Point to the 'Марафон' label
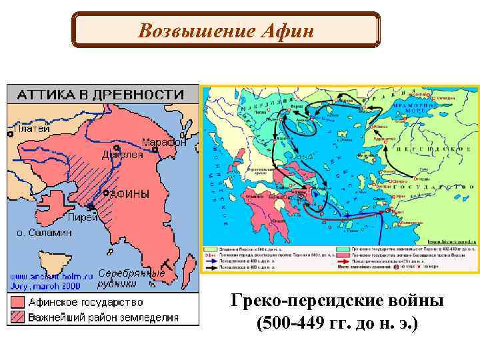[x=164, y=142]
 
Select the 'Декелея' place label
[x=122, y=154]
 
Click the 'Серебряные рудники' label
[x=131, y=278]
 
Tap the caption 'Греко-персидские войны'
[x=337, y=301]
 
